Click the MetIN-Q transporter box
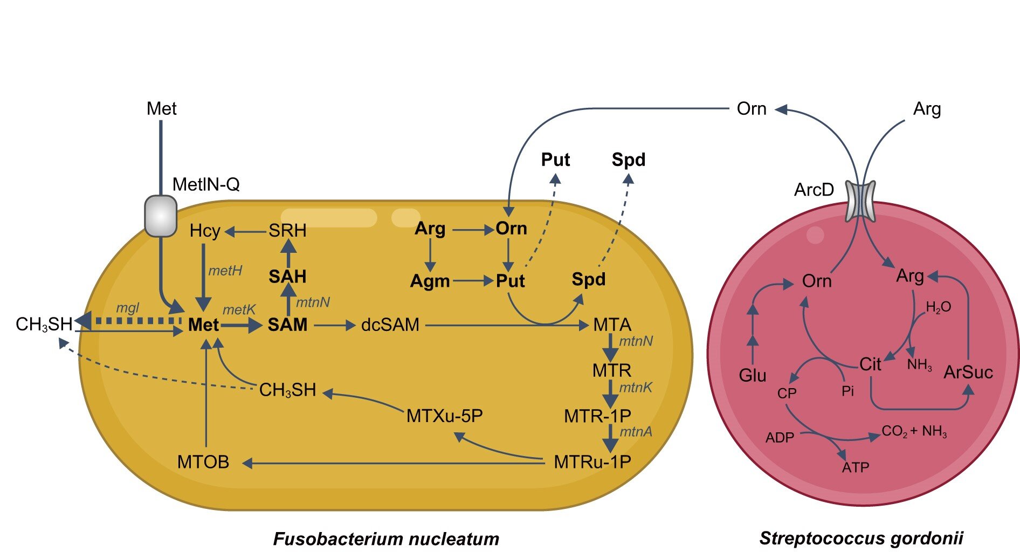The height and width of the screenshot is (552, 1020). click(161, 216)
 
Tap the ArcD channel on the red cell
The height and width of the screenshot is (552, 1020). click(860, 201)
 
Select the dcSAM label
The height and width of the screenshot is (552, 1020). click(390, 325)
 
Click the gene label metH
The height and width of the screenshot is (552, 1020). click(225, 271)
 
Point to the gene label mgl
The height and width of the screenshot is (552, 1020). click(128, 308)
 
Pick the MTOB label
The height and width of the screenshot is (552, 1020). click(203, 462)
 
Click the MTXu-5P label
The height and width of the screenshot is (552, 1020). click(444, 416)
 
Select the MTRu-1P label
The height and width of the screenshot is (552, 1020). click(592, 462)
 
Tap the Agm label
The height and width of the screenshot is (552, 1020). click(430, 281)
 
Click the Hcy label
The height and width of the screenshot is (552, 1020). click(205, 231)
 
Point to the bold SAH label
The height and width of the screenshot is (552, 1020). click(287, 277)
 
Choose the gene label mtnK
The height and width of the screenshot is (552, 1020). click(636, 387)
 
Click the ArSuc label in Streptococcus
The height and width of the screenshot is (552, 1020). click(968, 372)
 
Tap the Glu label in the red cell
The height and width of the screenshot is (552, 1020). click(752, 375)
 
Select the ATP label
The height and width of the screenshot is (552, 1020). click(856, 467)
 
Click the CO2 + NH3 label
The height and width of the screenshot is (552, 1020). click(914, 432)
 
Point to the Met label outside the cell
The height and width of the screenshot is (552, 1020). click(161, 109)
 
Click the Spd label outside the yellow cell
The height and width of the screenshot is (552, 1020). click(628, 160)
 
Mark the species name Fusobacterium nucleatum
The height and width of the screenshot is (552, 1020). click(386, 539)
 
